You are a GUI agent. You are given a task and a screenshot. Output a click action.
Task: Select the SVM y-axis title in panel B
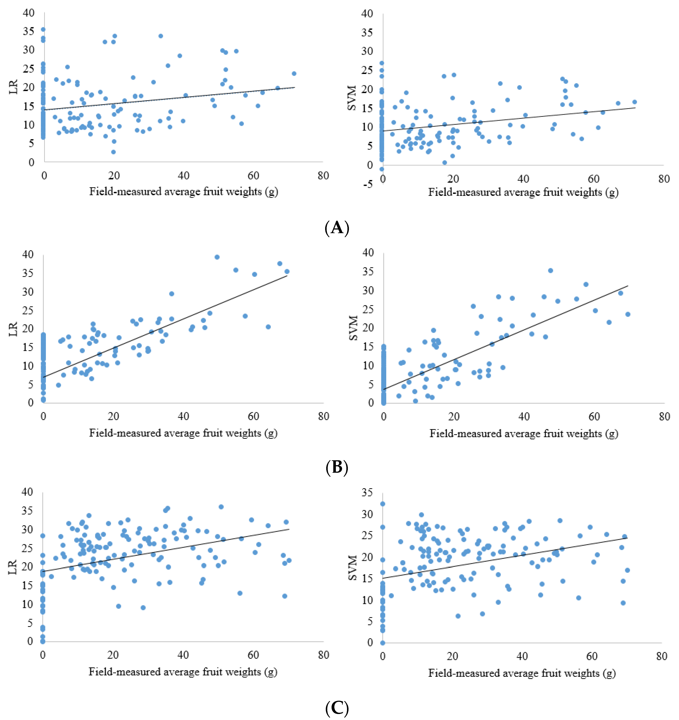pos(353,328)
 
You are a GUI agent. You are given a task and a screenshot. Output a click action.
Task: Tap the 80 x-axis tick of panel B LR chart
pos(323,417)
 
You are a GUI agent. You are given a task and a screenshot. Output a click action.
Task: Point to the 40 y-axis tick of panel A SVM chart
pos(367,14)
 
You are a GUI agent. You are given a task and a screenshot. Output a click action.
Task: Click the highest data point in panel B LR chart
pos(217,257)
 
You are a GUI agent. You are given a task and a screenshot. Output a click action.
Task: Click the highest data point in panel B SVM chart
pos(550,271)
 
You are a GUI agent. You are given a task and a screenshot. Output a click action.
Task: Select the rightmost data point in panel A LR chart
pos(294,73)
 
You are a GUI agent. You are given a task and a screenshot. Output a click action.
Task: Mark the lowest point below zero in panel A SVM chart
pos(382,169)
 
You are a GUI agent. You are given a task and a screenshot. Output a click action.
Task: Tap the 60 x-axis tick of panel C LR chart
pos(253,655)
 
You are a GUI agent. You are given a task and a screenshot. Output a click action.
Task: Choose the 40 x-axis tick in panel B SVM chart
pos(524,417)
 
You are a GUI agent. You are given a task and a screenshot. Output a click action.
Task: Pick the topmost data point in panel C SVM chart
pos(383,504)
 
